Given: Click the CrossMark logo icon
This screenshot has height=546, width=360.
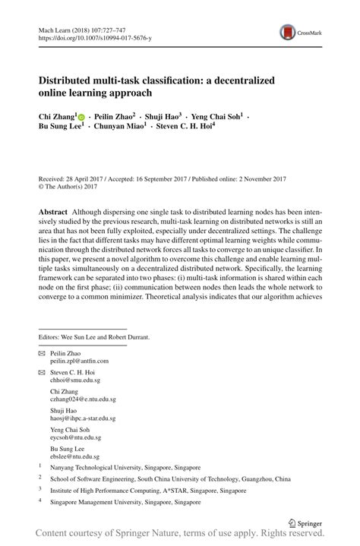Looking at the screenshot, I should (289, 32).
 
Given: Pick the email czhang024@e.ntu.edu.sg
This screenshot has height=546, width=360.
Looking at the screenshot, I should (82, 398).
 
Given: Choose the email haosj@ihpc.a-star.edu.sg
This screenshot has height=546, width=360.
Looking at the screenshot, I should (83, 418).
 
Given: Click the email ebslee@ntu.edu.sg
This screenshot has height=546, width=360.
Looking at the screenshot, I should (74, 456).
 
